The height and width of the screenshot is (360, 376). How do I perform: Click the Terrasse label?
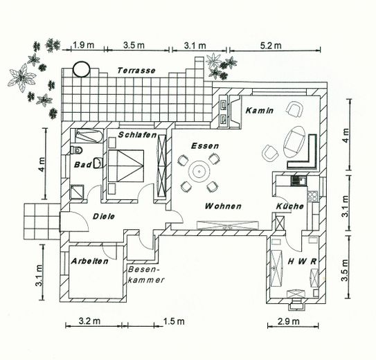pos(136,71)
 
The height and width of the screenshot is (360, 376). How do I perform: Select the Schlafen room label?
pos(137,135)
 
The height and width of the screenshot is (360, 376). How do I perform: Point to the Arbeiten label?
pos(89,261)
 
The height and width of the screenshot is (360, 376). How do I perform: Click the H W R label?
pos(302,262)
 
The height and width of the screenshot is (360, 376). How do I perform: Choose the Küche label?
pos(290,206)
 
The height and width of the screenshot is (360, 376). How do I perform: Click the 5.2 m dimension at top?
pos(271,45)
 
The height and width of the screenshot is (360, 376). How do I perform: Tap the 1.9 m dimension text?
pos(84,45)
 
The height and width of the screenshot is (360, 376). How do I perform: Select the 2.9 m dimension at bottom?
pos(289,321)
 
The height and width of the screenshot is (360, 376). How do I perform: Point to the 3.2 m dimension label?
pos(89,321)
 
